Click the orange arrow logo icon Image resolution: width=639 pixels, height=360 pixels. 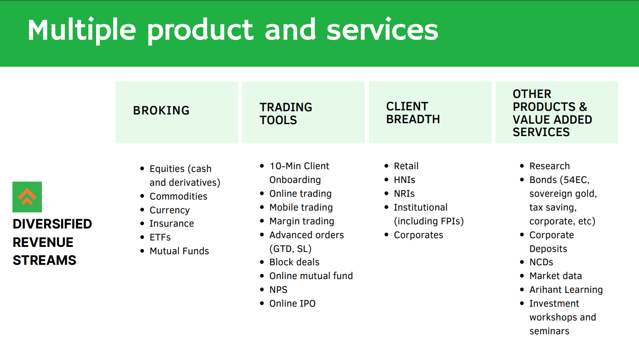coord(27,197)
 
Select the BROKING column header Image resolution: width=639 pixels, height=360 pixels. coord(161,111)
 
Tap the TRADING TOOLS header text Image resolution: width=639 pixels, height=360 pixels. coord(286,114)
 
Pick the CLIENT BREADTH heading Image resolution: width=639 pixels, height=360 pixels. coord(413,113)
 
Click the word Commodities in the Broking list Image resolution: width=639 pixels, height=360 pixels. coord(178,196)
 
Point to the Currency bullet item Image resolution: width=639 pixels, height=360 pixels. coord(169,211)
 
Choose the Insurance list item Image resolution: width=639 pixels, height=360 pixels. coord(172,223)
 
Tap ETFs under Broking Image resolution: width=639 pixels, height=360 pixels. coord(160,237)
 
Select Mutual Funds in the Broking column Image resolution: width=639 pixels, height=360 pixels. coord(179,251)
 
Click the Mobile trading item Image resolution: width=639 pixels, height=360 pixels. coord(301,207)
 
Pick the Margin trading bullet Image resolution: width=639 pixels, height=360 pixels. coord(301,222)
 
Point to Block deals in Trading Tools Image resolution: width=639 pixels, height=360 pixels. coord(294,262)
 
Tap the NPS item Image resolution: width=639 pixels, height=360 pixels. coord(278,290)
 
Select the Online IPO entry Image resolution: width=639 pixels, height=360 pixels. coord(293,303)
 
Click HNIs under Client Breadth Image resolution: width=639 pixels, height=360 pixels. coord(404,180)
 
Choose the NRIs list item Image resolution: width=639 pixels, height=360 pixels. coord(404,194)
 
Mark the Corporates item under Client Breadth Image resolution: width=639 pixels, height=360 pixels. coord(418,235)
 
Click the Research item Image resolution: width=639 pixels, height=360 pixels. coord(549,166)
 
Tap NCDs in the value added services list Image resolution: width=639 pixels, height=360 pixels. coord(541,262)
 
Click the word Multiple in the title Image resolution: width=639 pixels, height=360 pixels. coord(81,30)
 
